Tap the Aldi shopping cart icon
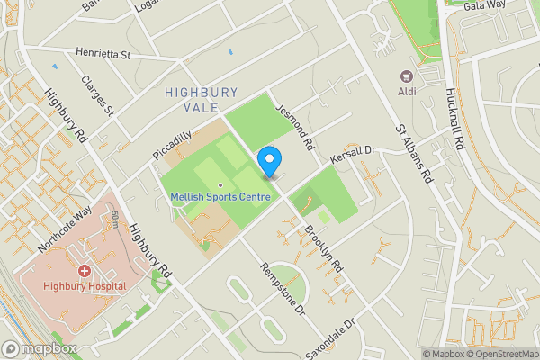(x=406, y=76)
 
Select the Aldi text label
(x=406, y=92)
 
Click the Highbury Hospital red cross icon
(x=85, y=270)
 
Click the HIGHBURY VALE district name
(x=202, y=100)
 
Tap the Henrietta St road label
(x=104, y=55)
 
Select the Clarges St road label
(x=98, y=96)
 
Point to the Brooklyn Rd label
(x=321, y=247)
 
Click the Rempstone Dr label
(x=283, y=287)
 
